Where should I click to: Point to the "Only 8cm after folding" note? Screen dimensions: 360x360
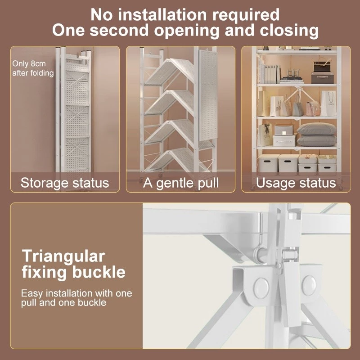point(33,68)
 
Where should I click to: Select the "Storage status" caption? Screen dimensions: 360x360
point(65,183)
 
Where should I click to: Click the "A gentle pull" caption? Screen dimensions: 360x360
point(181,183)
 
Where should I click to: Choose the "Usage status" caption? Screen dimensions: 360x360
point(296,183)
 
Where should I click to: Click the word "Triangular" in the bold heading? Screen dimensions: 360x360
point(63,256)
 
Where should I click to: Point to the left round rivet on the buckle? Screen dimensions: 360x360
point(261,288)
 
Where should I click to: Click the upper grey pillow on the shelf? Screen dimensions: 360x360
point(316,129)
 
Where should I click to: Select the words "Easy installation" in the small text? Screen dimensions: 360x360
point(49,293)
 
